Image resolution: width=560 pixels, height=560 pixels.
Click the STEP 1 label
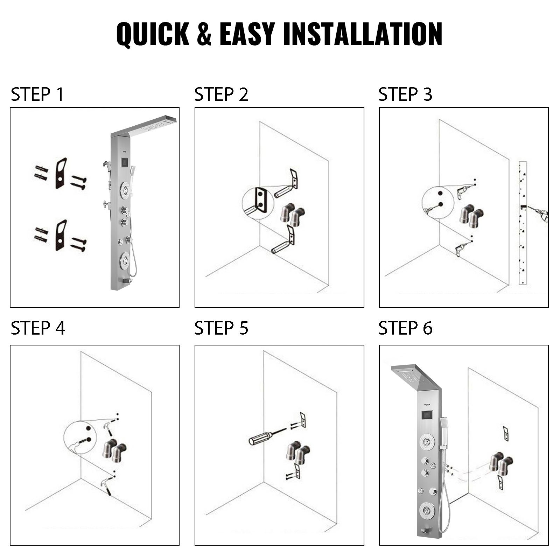coord(37,94)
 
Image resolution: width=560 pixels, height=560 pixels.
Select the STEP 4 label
coord(38,328)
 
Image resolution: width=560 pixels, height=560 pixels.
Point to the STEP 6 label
coord(405,328)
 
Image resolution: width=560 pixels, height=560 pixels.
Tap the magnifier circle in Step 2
coord(258,203)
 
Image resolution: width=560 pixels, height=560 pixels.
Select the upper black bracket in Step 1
coord(61,174)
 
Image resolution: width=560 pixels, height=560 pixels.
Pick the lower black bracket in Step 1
coord(61,236)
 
